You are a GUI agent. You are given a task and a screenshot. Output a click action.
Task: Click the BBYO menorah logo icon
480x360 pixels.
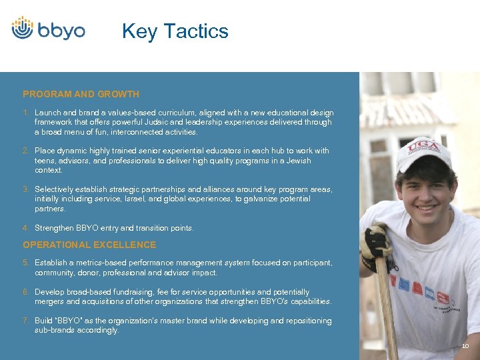tap(23, 28)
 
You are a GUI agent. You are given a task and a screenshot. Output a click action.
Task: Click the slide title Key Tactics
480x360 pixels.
tap(175, 31)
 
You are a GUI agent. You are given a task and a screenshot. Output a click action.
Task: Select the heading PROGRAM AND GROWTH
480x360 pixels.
tap(81, 94)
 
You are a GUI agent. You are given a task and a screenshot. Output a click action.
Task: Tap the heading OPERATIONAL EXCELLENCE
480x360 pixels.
tap(89, 245)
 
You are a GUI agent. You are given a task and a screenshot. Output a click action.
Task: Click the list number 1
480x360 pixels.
tap(25, 113)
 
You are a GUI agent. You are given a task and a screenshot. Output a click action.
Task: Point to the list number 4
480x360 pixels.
tap(25, 228)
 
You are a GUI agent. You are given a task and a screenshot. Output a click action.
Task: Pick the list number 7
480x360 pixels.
tap(25, 321)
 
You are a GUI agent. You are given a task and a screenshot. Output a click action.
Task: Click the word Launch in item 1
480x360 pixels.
tap(47, 113)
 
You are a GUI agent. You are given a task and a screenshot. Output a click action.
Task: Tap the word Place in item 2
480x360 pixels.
tap(45, 151)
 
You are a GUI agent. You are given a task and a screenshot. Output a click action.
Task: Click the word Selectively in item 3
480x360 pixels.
tap(53, 189)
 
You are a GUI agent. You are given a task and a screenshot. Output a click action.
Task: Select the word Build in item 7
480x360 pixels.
tap(44, 321)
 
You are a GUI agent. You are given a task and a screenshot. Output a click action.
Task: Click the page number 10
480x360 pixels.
tap(465, 347)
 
